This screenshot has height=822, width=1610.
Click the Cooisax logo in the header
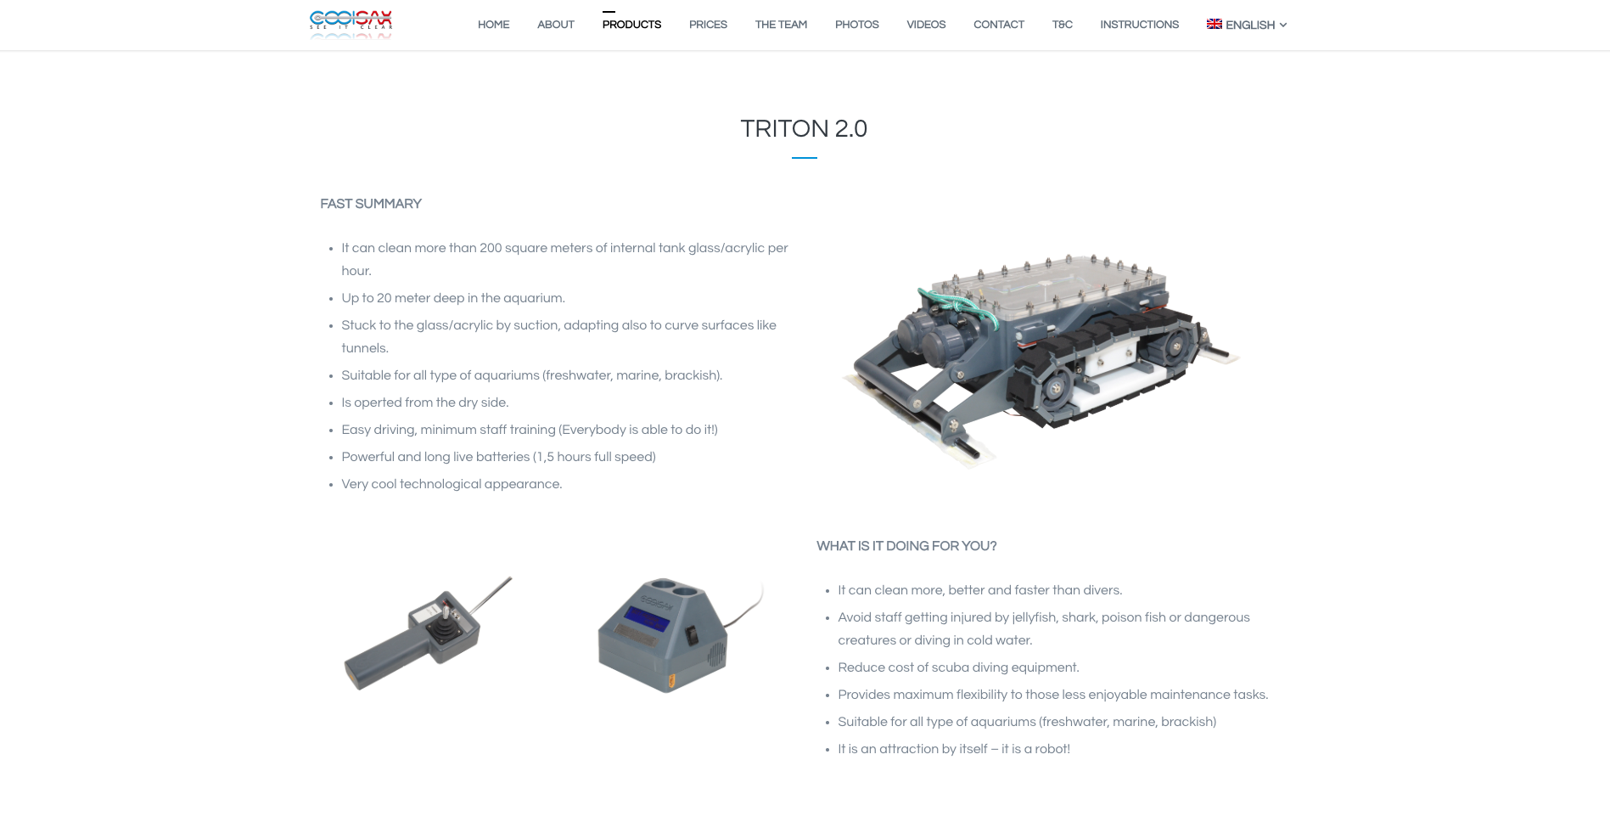coord(351,25)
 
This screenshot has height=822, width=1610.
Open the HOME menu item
coord(493,25)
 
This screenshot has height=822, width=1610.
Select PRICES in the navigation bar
coord(708,25)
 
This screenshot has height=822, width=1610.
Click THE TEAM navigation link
coord(781,25)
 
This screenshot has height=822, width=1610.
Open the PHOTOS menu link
coord(856,25)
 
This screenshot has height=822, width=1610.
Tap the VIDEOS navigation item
coord(926,25)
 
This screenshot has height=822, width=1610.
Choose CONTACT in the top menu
coord(999,25)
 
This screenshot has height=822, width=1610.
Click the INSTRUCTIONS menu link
coord(1139,25)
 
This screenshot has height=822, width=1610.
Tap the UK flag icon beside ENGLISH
coord(1215,24)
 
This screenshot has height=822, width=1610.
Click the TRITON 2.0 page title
coord(804,128)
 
